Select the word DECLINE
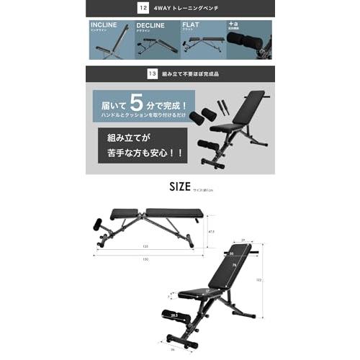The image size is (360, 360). point(150,25)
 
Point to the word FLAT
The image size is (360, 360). point(192,25)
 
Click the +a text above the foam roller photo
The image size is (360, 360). point(232,24)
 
